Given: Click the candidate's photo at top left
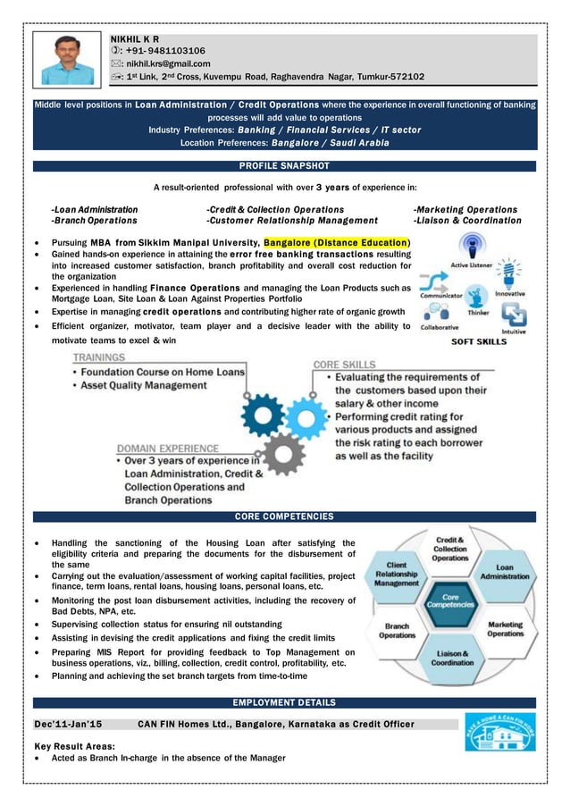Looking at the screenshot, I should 68,59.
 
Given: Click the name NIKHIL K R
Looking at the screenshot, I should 135,39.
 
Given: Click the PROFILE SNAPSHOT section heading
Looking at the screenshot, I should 284,165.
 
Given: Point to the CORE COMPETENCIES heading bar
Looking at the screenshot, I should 284,516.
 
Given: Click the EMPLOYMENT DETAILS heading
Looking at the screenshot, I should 284,702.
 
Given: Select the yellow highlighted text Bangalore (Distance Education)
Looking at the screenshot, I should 336,242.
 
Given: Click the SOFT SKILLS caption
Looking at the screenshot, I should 479,341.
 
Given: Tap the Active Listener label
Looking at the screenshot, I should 472,265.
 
